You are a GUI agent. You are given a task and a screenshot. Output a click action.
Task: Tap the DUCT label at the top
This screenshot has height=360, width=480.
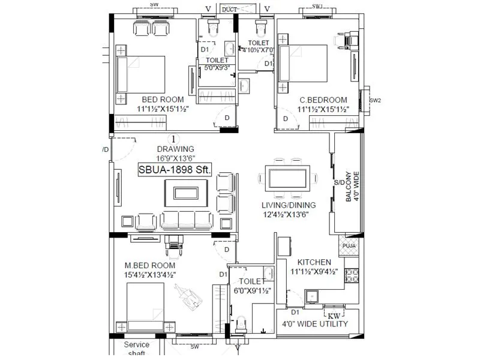pyautogui.click(x=229, y=9)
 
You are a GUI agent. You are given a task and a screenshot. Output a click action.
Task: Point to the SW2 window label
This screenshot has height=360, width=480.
pyautogui.click(x=375, y=100)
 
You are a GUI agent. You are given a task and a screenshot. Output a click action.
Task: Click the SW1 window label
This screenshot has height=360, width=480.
pyautogui.click(x=318, y=6)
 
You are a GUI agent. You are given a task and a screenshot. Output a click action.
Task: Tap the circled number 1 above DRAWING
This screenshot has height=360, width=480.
pyautogui.click(x=175, y=139)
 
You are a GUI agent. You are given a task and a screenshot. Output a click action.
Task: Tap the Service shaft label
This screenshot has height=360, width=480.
pyautogui.click(x=136, y=349)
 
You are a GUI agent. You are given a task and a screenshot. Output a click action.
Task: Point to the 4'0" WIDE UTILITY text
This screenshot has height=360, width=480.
pyautogui.click(x=316, y=324)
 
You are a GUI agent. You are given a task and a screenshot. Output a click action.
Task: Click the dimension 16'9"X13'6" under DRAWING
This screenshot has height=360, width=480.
pyautogui.click(x=175, y=158)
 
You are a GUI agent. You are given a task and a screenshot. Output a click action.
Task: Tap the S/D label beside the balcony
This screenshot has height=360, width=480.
pyautogui.click(x=339, y=182)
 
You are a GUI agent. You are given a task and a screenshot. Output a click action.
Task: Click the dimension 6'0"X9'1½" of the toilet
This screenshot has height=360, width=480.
pyautogui.click(x=252, y=290)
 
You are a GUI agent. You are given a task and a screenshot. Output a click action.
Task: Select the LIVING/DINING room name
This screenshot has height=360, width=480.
pyautogui.click(x=289, y=205)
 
